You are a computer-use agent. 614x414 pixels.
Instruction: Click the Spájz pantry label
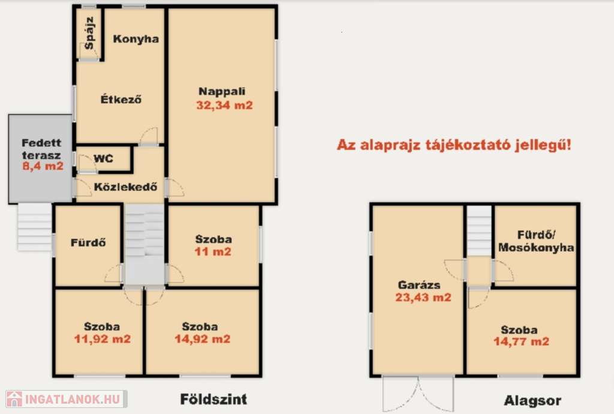coord(89,33)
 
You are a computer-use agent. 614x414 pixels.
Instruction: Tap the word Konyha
coord(136,39)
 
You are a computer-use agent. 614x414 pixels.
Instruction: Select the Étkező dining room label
coord(121,99)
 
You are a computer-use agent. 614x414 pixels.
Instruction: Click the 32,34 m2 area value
coord(224,105)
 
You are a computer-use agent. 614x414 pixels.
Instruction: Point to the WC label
coord(103,158)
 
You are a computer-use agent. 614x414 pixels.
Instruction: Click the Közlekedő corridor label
coord(126,187)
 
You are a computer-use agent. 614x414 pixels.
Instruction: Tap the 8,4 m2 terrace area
coord(43,166)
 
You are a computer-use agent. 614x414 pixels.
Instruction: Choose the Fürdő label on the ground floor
coord(88,242)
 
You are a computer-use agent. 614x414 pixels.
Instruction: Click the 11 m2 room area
coord(213,251)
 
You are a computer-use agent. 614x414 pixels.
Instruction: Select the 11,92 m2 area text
coord(102,339)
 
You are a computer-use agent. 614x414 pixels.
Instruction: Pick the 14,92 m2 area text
coord(203,339)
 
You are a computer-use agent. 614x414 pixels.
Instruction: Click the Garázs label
coord(419,285)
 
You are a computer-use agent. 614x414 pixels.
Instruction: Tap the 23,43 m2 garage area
coord(423,297)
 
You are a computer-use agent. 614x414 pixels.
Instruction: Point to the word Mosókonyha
coord(536,248)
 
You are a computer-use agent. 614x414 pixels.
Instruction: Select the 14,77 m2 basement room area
coord(521,341)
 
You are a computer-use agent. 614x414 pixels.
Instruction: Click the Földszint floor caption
coord(213,399)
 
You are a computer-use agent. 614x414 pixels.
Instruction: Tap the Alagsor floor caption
coord(532,401)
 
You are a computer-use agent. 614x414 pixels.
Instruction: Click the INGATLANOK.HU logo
coord(67,399)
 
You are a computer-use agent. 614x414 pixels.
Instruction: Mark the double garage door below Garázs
coord(418,393)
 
